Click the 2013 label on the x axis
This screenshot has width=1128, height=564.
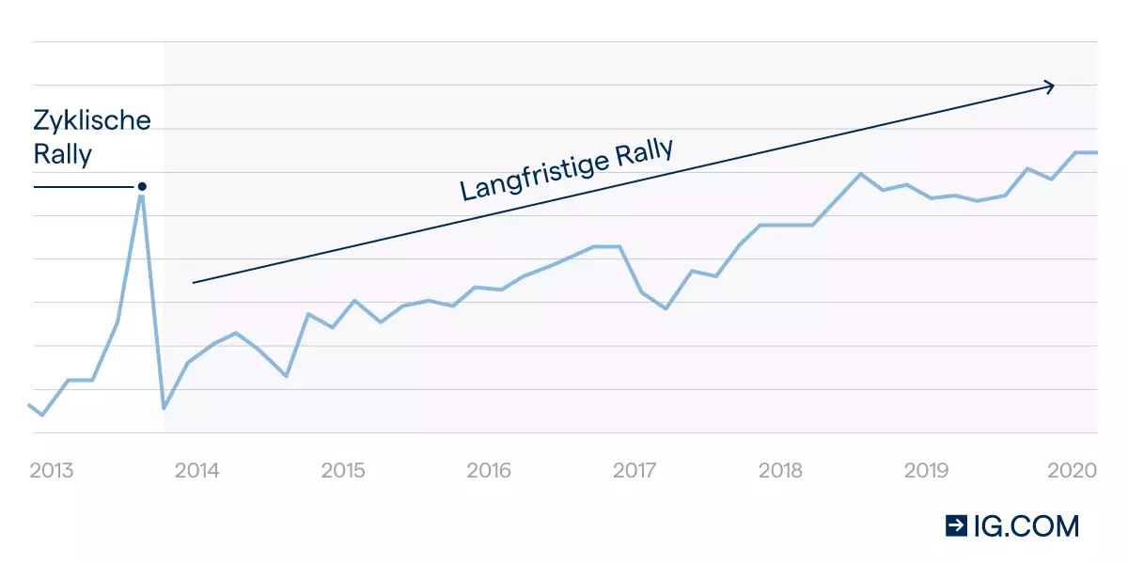52,470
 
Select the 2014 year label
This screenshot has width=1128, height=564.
197,470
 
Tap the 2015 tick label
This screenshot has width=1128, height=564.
343,470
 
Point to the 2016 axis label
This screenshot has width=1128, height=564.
489,470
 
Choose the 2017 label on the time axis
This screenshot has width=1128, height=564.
634,470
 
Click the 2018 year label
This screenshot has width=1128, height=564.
780,470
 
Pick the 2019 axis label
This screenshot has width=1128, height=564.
927,470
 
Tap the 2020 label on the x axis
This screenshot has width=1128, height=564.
1073,470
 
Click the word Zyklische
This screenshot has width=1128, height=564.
92,121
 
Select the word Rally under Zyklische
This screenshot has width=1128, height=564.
63,155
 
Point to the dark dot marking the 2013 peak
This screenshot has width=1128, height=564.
142,186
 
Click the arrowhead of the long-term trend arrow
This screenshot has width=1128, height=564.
1050,86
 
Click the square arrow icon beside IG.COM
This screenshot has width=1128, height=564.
957,526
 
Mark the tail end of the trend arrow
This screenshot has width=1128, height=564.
194,282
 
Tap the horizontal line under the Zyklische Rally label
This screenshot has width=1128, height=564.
85,187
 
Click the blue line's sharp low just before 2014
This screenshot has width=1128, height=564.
164,408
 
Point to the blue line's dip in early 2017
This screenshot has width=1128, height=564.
666,308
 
